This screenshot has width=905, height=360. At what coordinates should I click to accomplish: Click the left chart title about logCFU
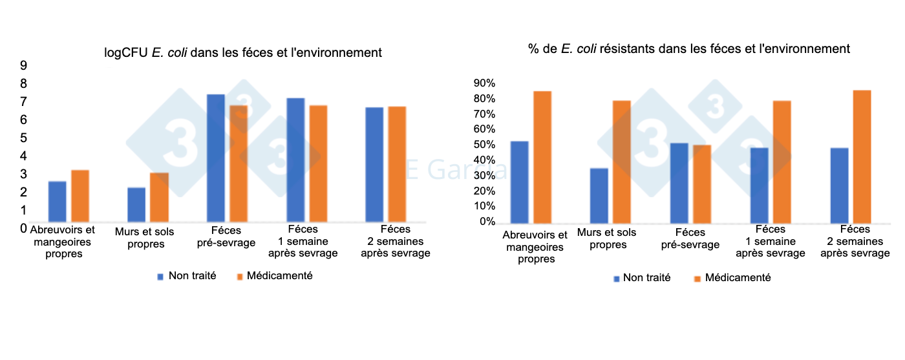pos(243,52)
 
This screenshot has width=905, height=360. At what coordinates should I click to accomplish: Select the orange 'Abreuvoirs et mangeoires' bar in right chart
pos(542,158)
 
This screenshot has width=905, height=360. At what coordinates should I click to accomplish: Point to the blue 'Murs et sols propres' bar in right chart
pos(599,196)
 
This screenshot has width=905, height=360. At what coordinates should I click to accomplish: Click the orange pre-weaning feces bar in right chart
pos(701,184)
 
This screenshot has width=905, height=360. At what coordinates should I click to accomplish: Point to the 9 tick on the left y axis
pos(23,65)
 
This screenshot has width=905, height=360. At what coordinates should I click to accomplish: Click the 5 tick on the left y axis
pos(23,138)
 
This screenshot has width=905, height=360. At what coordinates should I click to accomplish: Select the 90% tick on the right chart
pos(484,83)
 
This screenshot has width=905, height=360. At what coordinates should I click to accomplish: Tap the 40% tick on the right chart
pos(484,160)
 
